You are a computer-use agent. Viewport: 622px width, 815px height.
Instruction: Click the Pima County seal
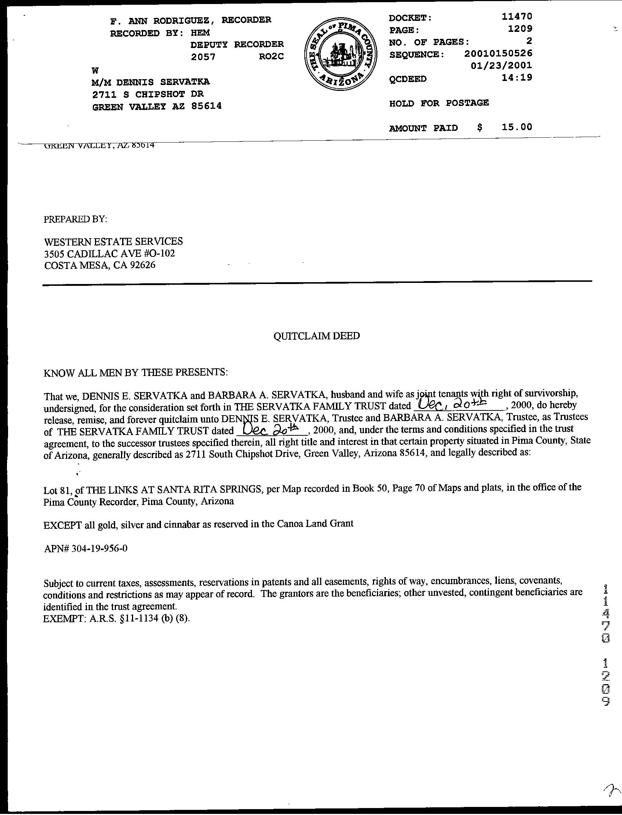pos(340,54)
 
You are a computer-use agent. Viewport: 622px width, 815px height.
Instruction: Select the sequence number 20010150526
pos(498,54)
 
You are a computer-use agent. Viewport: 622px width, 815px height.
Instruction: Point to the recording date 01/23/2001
pos(501,66)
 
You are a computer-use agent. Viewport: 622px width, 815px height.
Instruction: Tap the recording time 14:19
pos(517,77)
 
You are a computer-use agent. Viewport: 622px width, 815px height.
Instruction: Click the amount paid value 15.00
pos(517,127)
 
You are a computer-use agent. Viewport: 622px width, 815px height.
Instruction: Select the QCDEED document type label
pos(407,79)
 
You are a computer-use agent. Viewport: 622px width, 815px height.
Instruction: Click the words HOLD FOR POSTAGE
pos(439,103)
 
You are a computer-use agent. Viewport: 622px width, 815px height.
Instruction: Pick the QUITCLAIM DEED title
pos(317,336)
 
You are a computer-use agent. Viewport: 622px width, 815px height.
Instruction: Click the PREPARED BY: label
pos(76,219)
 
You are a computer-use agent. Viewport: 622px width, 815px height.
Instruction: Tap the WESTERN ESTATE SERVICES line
pos(113,241)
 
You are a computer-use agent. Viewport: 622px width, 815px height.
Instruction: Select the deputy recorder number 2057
pos(203,56)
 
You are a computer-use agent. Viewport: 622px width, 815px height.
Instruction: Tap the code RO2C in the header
pos(271,56)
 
